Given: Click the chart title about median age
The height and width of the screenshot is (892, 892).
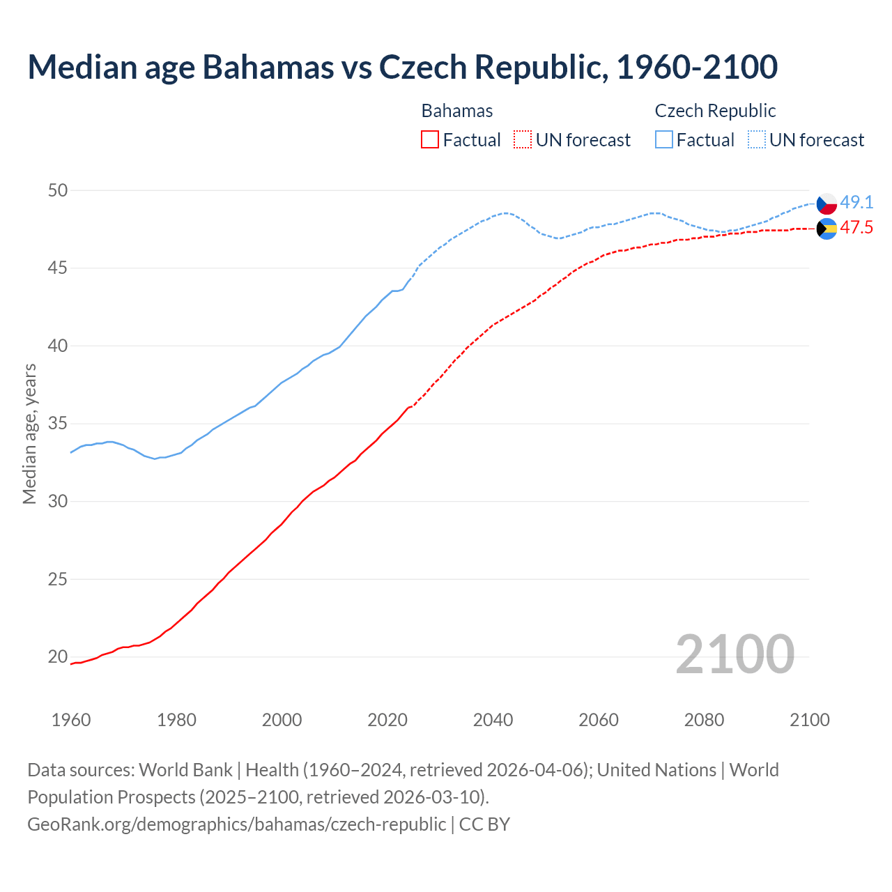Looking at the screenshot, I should click(x=402, y=67).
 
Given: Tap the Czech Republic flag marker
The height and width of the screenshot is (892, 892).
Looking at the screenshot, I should click(x=826, y=203).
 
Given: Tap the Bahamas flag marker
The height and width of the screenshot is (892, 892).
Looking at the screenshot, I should click(x=826, y=229).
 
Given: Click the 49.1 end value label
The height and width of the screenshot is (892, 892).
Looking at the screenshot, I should click(x=856, y=203).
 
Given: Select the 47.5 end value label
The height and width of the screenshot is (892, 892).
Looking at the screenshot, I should click(x=856, y=228).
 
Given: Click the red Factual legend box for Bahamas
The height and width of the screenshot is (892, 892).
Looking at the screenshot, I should click(x=430, y=140).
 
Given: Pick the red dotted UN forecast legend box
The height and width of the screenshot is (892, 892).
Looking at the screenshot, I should click(x=523, y=140).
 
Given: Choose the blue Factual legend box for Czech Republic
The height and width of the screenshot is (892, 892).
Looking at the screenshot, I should click(x=664, y=140).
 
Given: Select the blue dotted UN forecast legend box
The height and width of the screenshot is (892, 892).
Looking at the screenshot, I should click(x=757, y=140).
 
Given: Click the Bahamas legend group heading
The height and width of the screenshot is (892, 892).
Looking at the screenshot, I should click(x=457, y=111).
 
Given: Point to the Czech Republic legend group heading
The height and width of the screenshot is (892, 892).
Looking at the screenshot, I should click(x=715, y=111).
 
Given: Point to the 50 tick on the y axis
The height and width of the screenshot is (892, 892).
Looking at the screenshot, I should click(x=58, y=190).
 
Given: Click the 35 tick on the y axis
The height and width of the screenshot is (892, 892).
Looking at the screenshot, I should click(x=58, y=424).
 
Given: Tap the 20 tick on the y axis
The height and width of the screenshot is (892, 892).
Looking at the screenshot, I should click(x=58, y=656).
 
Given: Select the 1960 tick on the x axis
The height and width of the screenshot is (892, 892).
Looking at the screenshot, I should click(x=71, y=720).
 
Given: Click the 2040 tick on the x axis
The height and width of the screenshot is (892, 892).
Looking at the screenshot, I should click(x=493, y=720).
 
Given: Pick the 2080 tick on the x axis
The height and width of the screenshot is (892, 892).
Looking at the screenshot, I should click(x=704, y=720).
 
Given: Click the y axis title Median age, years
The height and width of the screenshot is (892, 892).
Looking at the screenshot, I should click(x=29, y=433).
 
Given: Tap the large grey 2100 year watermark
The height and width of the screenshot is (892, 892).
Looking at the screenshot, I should click(x=735, y=654).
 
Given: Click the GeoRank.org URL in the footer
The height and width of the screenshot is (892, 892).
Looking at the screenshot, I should click(x=237, y=824).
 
